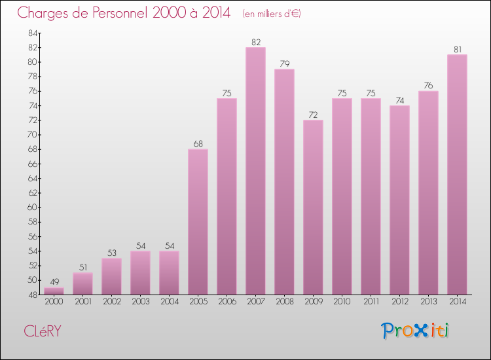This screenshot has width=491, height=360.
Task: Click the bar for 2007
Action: click(x=255, y=171)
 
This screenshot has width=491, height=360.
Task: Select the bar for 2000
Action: click(x=54, y=291)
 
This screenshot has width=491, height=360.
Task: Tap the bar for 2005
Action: click(x=198, y=222)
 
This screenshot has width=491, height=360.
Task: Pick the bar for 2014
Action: click(x=457, y=174)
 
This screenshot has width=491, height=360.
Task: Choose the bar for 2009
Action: click(x=313, y=207)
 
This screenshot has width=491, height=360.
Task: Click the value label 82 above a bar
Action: click(x=255, y=42)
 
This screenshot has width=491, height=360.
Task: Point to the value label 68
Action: click(x=198, y=144)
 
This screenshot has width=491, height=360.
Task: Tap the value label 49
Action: click(x=54, y=282)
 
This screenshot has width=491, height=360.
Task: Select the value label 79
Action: click(x=284, y=64)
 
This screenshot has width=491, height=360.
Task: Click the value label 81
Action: click(x=457, y=50)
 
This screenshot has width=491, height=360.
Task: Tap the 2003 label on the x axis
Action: click(x=140, y=302)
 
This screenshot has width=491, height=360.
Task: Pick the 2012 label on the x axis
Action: click(x=399, y=302)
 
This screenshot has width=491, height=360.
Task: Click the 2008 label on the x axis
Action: click(x=284, y=302)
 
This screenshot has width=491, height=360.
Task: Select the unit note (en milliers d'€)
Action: click(x=271, y=14)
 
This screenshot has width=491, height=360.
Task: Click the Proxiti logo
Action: click(x=416, y=331)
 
